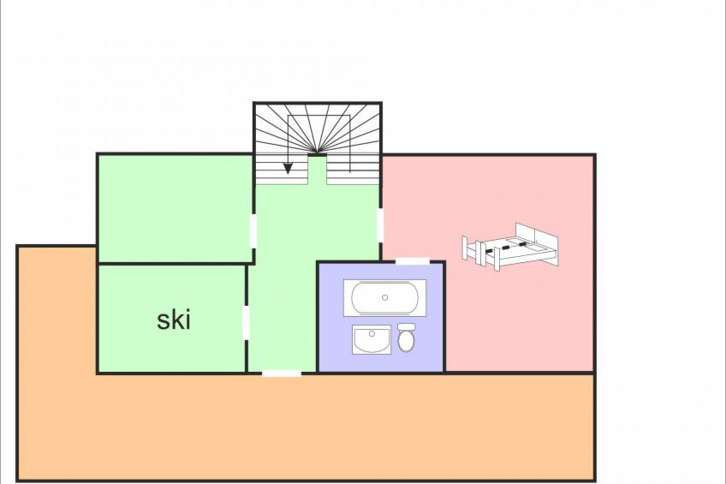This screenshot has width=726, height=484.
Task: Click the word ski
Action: (174, 320)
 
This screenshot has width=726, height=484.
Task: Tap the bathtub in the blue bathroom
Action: (384, 298)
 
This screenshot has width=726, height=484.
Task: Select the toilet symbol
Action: (406, 338)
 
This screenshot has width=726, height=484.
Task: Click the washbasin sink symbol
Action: (372, 339)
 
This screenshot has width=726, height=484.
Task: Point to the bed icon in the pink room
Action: (509, 246)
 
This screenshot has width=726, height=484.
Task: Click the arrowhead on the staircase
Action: (288, 169)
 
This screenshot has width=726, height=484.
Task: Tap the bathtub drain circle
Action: (384, 298)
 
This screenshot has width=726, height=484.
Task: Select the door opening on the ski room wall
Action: (246, 322)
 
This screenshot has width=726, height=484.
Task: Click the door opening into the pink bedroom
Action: (380, 225)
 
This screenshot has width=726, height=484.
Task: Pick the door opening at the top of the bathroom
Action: (413, 261)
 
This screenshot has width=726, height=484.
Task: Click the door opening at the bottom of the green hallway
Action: (282, 373)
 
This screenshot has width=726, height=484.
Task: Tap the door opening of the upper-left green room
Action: (253, 230)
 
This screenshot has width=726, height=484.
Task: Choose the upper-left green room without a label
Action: (175, 208)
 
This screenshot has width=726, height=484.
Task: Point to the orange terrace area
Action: (306, 426)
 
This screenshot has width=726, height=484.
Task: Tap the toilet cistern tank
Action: (406, 327)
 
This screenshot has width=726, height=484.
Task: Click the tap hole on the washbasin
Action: (372, 332)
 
